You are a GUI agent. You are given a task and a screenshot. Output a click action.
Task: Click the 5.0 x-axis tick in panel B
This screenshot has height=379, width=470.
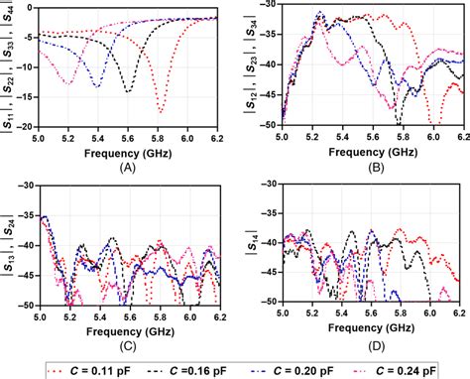point(284,136)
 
